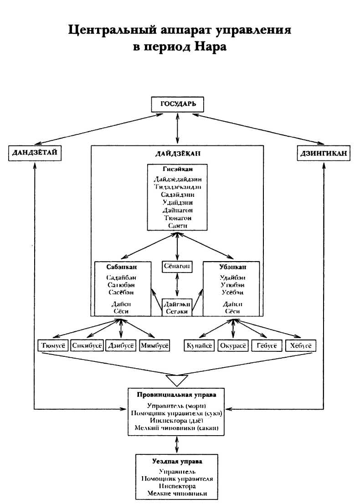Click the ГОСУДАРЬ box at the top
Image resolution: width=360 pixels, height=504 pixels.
pos(178,104)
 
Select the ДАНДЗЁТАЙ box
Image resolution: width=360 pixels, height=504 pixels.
pos(35,153)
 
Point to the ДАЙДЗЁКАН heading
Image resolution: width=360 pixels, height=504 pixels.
pos(177,154)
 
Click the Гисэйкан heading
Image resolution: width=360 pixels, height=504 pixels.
pos(177,170)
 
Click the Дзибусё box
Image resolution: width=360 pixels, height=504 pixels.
pos(121,346)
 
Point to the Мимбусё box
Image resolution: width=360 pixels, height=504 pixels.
pos(155,346)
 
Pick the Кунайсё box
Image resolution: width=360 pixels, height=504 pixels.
pos(199,346)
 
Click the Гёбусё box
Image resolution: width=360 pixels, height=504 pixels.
pos(267,346)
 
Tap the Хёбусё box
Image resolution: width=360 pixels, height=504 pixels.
pos(300,346)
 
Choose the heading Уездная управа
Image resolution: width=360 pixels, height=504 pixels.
pos(177,461)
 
